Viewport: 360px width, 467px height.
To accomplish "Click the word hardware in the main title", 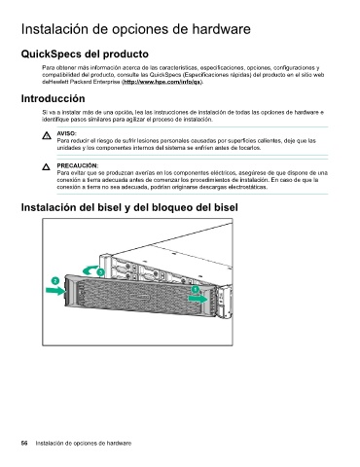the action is [x=221, y=29].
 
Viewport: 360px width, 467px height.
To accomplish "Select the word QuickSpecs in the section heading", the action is [x=51, y=54].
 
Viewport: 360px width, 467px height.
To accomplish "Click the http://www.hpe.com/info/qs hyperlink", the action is [x=162, y=82].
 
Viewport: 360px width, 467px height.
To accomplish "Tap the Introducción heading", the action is [x=53, y=98].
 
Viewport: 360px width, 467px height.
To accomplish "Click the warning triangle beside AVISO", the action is [x=47, y=135].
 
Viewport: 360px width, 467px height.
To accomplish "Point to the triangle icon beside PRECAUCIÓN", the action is [x=47, y=167].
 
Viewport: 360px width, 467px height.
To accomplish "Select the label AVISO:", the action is [x=67, y=133].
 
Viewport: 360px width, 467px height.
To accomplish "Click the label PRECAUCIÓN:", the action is [x=78, y=165].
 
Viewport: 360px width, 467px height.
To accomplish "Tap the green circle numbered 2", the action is [x=55, y=280].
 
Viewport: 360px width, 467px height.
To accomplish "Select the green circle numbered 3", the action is [x=101, y=271].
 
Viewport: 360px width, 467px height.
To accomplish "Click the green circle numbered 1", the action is [x=196, y=289].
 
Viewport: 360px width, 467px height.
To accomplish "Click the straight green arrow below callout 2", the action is [x=55, y=291].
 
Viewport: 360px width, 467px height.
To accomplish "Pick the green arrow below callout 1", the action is [x=198, y=299].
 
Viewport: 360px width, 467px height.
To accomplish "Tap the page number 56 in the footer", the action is [x=24, y=443].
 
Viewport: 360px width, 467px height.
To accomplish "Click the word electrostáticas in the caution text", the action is [x=248, y=187].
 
